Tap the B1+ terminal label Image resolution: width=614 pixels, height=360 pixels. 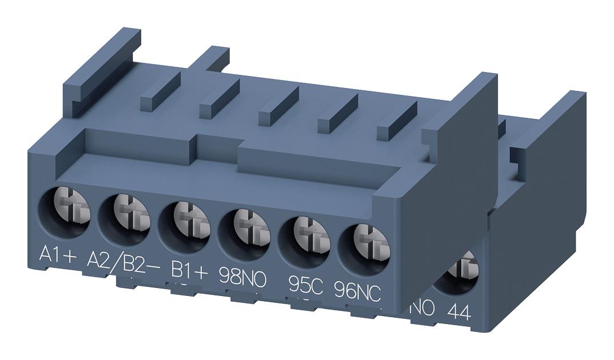(190, 269)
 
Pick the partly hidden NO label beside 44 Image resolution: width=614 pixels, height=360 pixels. (424, 308)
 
